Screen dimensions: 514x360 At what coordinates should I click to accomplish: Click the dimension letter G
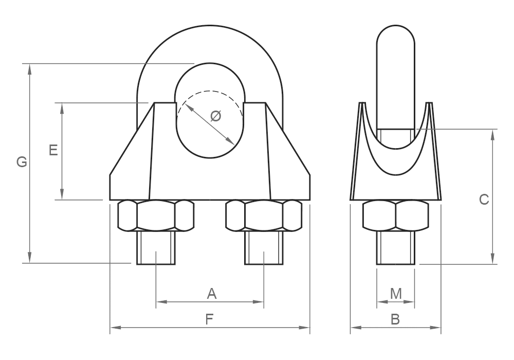(x=22, y=162)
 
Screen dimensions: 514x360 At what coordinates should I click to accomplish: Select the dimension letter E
(x=53, y=150)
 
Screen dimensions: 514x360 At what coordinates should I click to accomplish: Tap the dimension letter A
(x=212, y=294)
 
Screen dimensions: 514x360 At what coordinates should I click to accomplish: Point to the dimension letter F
(x=210, y=319)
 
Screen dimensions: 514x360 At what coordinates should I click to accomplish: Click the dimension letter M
(x=396, y=294)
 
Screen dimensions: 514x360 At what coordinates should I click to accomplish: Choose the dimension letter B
(x=395, y=319)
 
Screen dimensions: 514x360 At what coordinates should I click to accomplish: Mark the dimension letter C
(x=484, y=200)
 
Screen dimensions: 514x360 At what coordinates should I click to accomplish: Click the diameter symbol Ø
(x=216, y=116)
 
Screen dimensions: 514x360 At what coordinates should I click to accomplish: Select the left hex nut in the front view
(x=156, y=215)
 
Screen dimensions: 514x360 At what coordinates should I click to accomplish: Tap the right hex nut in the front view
(x=264, y=215)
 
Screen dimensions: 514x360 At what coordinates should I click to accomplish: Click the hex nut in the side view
(x=396, y=215)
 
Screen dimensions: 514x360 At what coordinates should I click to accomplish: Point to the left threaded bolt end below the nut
(x=156, y=248)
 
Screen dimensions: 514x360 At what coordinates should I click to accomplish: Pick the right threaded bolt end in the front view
(x=264, y=248)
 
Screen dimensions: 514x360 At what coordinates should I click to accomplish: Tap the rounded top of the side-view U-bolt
(x=396, y=35)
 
